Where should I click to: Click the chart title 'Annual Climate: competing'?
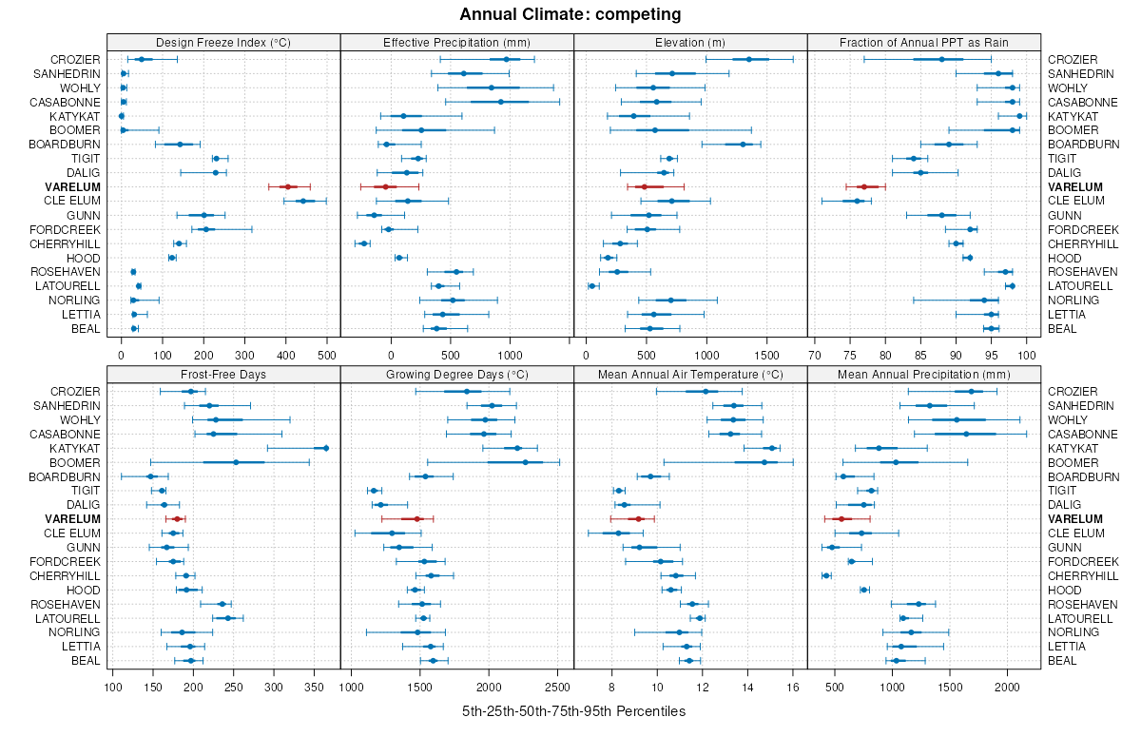point(570,14)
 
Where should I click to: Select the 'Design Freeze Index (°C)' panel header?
point(223,42)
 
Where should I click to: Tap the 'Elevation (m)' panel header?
point(690,42)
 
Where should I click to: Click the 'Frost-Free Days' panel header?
point(223,374)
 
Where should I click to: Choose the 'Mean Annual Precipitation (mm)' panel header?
point(924,374)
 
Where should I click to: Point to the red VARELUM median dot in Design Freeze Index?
point(288,186)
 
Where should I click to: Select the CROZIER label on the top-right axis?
point(1073,59)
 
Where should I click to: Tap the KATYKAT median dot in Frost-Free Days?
point(326,448)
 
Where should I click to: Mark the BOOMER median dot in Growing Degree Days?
point(525,462)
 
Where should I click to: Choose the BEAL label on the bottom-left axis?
point(86,660)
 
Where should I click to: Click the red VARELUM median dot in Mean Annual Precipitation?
point(841,518)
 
